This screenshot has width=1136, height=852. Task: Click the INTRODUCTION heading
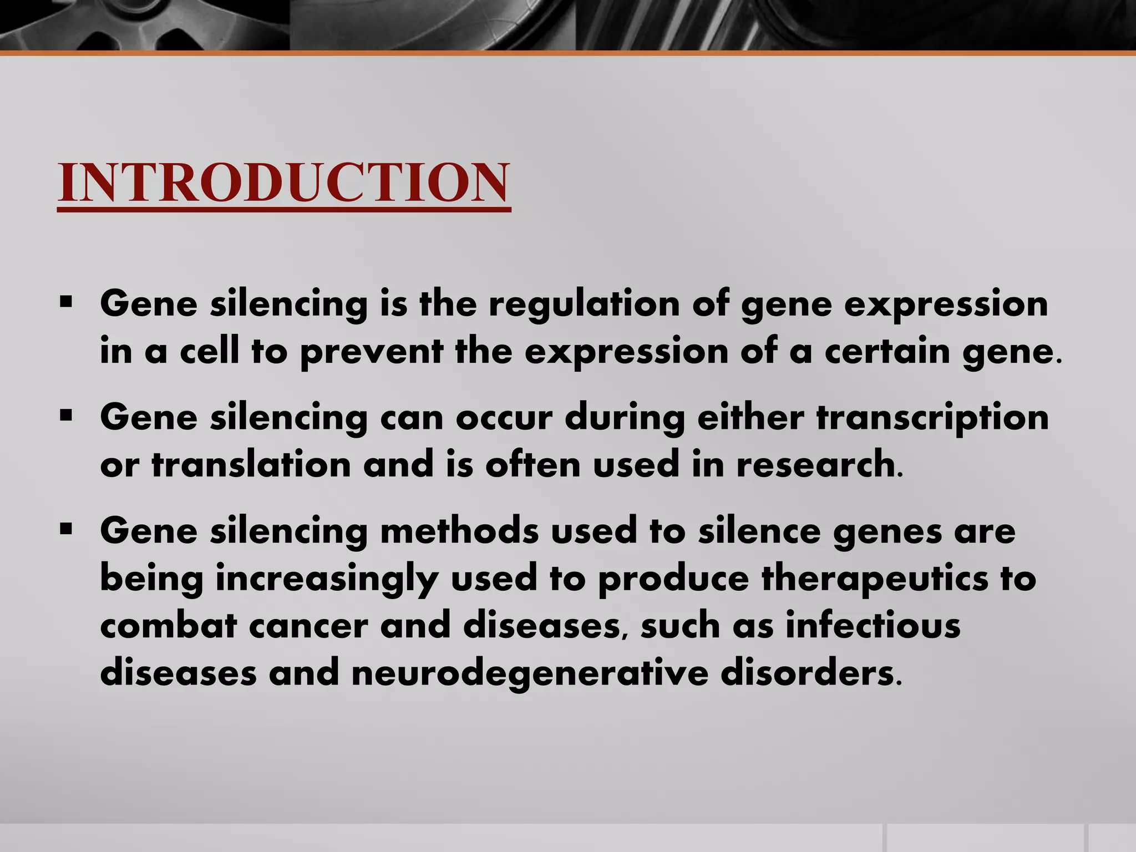pyautogui.click(x=283, y=182)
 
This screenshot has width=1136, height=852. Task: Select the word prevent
pyautogui.click(x=371, y=352)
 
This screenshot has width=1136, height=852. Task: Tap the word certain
pyautogui.click(x=887, y=351)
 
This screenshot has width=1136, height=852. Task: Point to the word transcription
pyautogui.click(x=932, y=419)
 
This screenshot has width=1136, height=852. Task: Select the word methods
pyautogui.click(x=459, y=531)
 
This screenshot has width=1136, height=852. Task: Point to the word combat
pyautogui.click(x=169, y=626)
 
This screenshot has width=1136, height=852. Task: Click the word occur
pyautogui.click(x=504, y=419)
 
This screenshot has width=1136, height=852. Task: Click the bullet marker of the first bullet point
pyautogui.click(x=67, y=303)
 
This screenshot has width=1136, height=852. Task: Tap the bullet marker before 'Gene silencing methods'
pyautogui.click(x=67, y=530)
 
